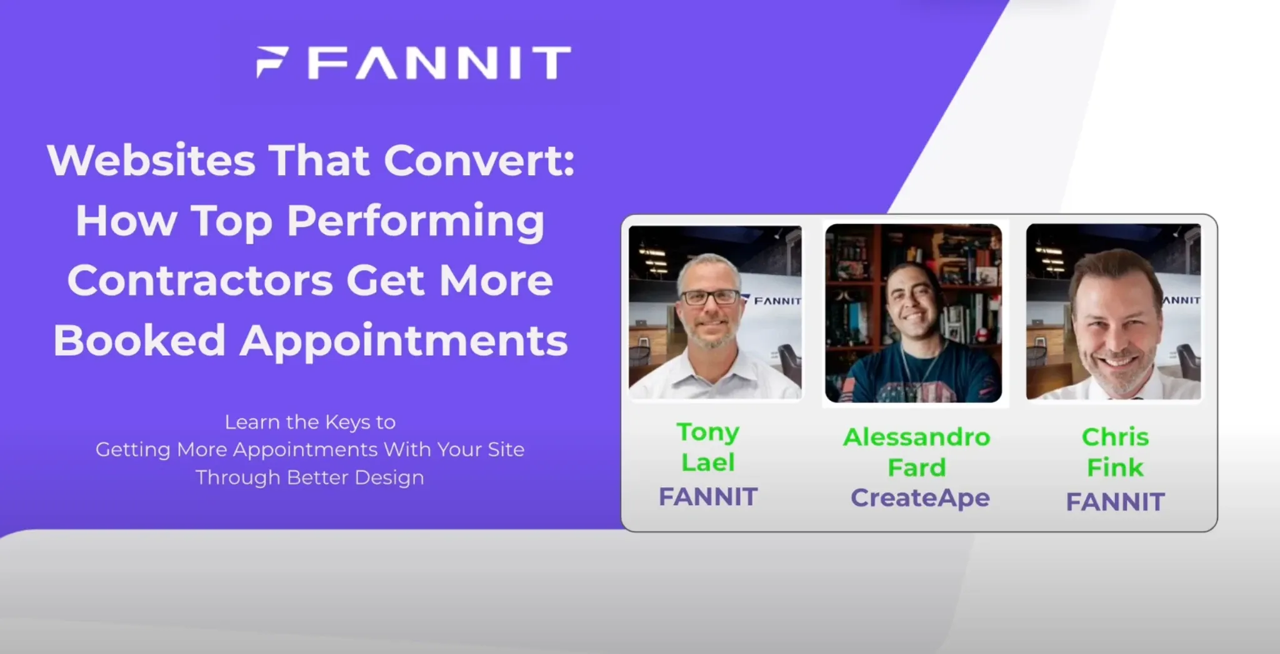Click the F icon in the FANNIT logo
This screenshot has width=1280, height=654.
pyautogui.click(x=272, y=62)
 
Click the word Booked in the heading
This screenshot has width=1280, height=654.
pyautogui.click(x=139, y=340)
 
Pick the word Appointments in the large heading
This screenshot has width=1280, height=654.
pyautogui.click(x=404, y=341)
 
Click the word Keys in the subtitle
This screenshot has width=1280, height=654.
pyautogui.click(x=347, y=423)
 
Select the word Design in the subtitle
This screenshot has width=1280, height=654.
pyautogui.click(x=389, y=478)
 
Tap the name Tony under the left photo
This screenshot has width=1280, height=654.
pyautogui.click(x=708, y=433)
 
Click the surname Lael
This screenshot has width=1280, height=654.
pyautogui.click(x=708, y=463)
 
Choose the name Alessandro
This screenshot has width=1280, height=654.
pyautogui.click(x=917, y=437)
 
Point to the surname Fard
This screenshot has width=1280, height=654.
pyautogui.click(x=917, y=468)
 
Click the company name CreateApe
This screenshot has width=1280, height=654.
pyautogui.click(x=920, y=498)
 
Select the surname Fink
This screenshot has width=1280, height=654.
pyautogui.click(x=1115, y=468)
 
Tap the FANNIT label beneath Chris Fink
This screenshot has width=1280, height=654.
pyautogui.click(x=1115, y=502)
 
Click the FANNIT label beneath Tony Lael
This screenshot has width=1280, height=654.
pyautogui.click(x=708, y=497)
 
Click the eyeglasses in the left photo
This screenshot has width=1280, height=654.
pyautogui.click(x=710, y=297)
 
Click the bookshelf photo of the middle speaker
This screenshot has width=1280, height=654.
pyautogui.click(x=913, y=313)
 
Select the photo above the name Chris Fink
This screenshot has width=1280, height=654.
pyautogui.click(x=1113, y=311)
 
